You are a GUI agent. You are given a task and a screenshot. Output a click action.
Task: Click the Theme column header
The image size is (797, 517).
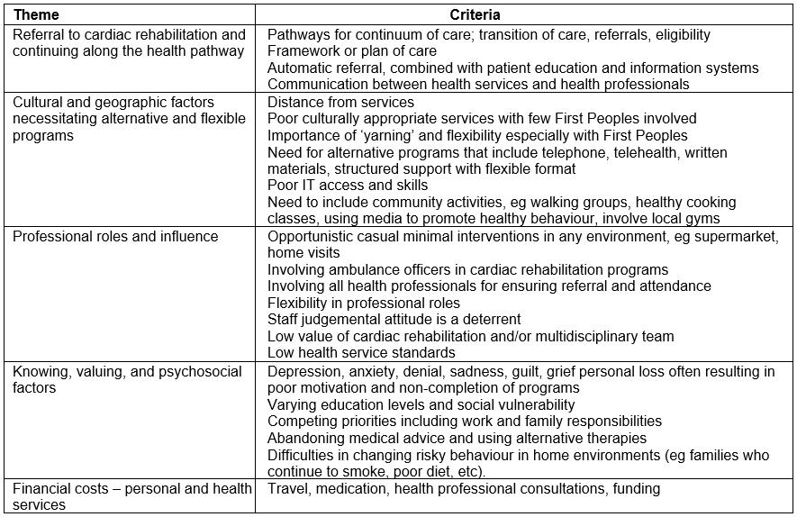coord(36,14)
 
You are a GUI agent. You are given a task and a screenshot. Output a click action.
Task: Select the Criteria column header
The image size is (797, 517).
coord(475,14)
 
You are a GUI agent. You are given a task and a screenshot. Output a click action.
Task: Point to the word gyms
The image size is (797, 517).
coord(703,219)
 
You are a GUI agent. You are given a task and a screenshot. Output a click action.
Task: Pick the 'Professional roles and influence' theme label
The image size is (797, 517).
coord(115,236)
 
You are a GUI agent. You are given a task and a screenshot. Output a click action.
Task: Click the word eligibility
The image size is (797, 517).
coord(676,34)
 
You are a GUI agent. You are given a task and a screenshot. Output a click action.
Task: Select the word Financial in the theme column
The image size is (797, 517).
coord(41,488)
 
